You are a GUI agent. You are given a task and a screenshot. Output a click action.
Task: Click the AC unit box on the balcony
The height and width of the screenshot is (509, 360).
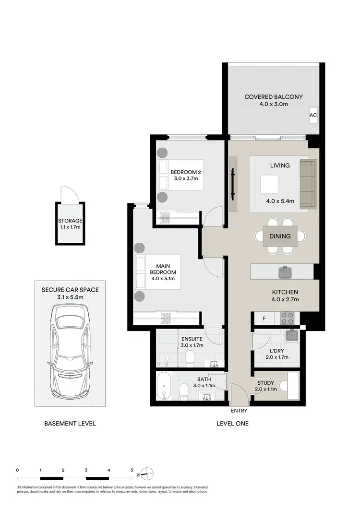click(313, 115)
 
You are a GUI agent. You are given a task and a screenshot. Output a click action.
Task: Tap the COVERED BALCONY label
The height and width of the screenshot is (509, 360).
click(274, 97)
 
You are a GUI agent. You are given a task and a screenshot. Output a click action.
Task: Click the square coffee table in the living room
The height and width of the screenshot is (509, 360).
click(269, 184)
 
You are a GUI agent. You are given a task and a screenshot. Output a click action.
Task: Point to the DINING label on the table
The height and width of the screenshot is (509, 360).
click(280, 236)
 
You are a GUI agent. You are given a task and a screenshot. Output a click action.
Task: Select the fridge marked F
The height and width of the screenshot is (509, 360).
click(264, 318)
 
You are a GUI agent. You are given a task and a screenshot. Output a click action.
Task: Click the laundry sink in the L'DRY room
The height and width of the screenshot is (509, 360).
click(291, 335)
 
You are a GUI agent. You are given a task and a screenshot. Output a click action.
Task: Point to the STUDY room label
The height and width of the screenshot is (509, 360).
click(265, 383)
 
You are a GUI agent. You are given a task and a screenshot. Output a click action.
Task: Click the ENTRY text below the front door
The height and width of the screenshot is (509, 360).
click(239, 411)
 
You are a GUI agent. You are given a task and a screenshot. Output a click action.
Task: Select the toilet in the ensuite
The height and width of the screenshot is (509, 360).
click(191, 357)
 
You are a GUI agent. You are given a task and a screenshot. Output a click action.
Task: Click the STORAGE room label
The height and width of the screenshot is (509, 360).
click(69, 221)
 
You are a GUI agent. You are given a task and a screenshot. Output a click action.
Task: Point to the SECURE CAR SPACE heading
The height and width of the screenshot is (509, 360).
click(70, 290)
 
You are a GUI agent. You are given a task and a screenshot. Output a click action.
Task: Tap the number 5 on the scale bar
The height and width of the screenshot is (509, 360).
click(132, 471)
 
